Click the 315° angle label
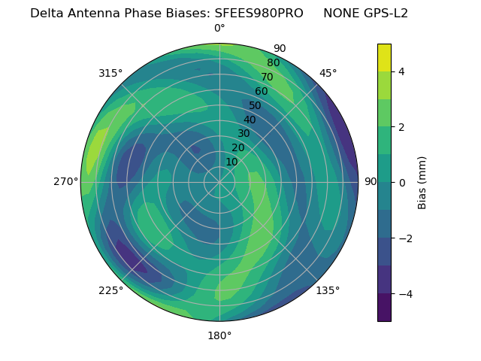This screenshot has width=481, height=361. pyautogui.click(x=110, y=73)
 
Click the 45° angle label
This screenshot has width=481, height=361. pyautogui.click(x=328, y=73)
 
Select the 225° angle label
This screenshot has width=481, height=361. pyautogui.click(x=110, y=291)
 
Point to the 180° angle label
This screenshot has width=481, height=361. pyautogui.click(x=219, y=335)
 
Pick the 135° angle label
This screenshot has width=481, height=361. pyautogui.click(x=328, y=291)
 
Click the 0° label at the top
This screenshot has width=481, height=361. pyautogui.click(x=219, y=29)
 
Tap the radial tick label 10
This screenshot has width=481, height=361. pyautogui.click(x=231, y=162)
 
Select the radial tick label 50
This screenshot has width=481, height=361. pyautogui.click(x=255, y=105)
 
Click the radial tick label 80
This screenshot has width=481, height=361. pyautogui.click(x=273, y=62)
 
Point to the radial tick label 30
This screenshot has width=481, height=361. pyautogui.click(x=244, y=133)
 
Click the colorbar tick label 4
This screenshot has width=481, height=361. pyautogui.click(x=402, y=71)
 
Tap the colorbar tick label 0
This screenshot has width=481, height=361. pyautogui.click(x=402, y=183)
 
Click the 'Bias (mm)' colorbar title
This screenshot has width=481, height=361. pyautogui.click(x=422, y=183)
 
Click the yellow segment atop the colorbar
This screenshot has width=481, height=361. pyautogui.click(x=384, y=57)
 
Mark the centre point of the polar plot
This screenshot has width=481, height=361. pyautogui.click(x=219, y=182)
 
